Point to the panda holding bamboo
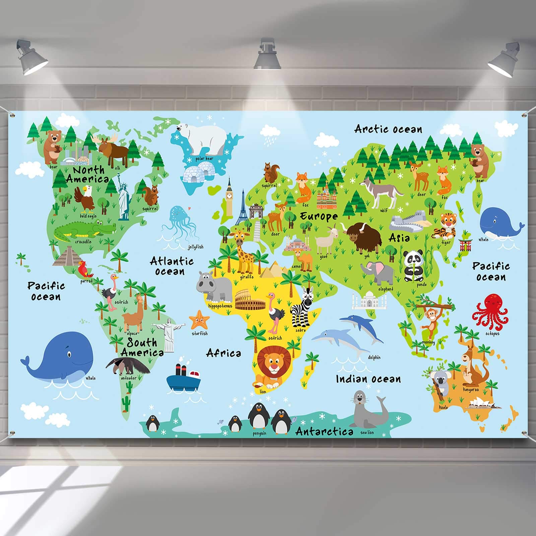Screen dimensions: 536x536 pyautogui.click(x=411, y=266)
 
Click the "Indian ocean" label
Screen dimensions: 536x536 pyautogui.click(x=368, y=379)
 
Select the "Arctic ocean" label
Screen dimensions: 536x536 pyautogui.click(x=388, y=129)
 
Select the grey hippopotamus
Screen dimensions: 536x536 pyautogui.click(x=214, y=286)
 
